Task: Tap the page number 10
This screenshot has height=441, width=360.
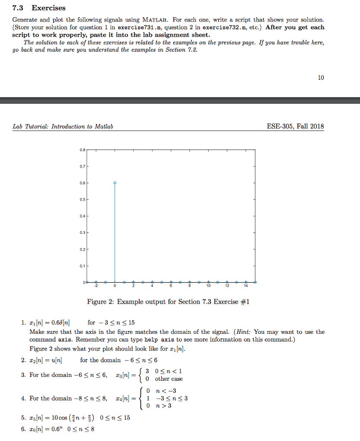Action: (x=320, y=78)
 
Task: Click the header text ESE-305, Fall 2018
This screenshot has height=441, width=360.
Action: (x=295, y=126)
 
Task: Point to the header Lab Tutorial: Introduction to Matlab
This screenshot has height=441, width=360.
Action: (x=63, y=127)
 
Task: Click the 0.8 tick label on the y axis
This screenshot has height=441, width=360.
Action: (x=82, y=150)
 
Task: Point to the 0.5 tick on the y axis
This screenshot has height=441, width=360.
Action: (x=82, y=199)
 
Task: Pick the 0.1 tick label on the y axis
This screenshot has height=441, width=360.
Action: (x=82, y=266)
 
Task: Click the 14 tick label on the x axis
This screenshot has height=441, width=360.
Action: (x=246, y=286)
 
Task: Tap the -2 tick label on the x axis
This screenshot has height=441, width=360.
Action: (x=96, y=286)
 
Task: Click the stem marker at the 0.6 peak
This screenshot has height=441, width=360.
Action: (x=115, y=183)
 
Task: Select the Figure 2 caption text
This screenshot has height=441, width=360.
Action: (x=168, y=301)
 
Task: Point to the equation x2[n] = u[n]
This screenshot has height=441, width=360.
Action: (x=47, y=360)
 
